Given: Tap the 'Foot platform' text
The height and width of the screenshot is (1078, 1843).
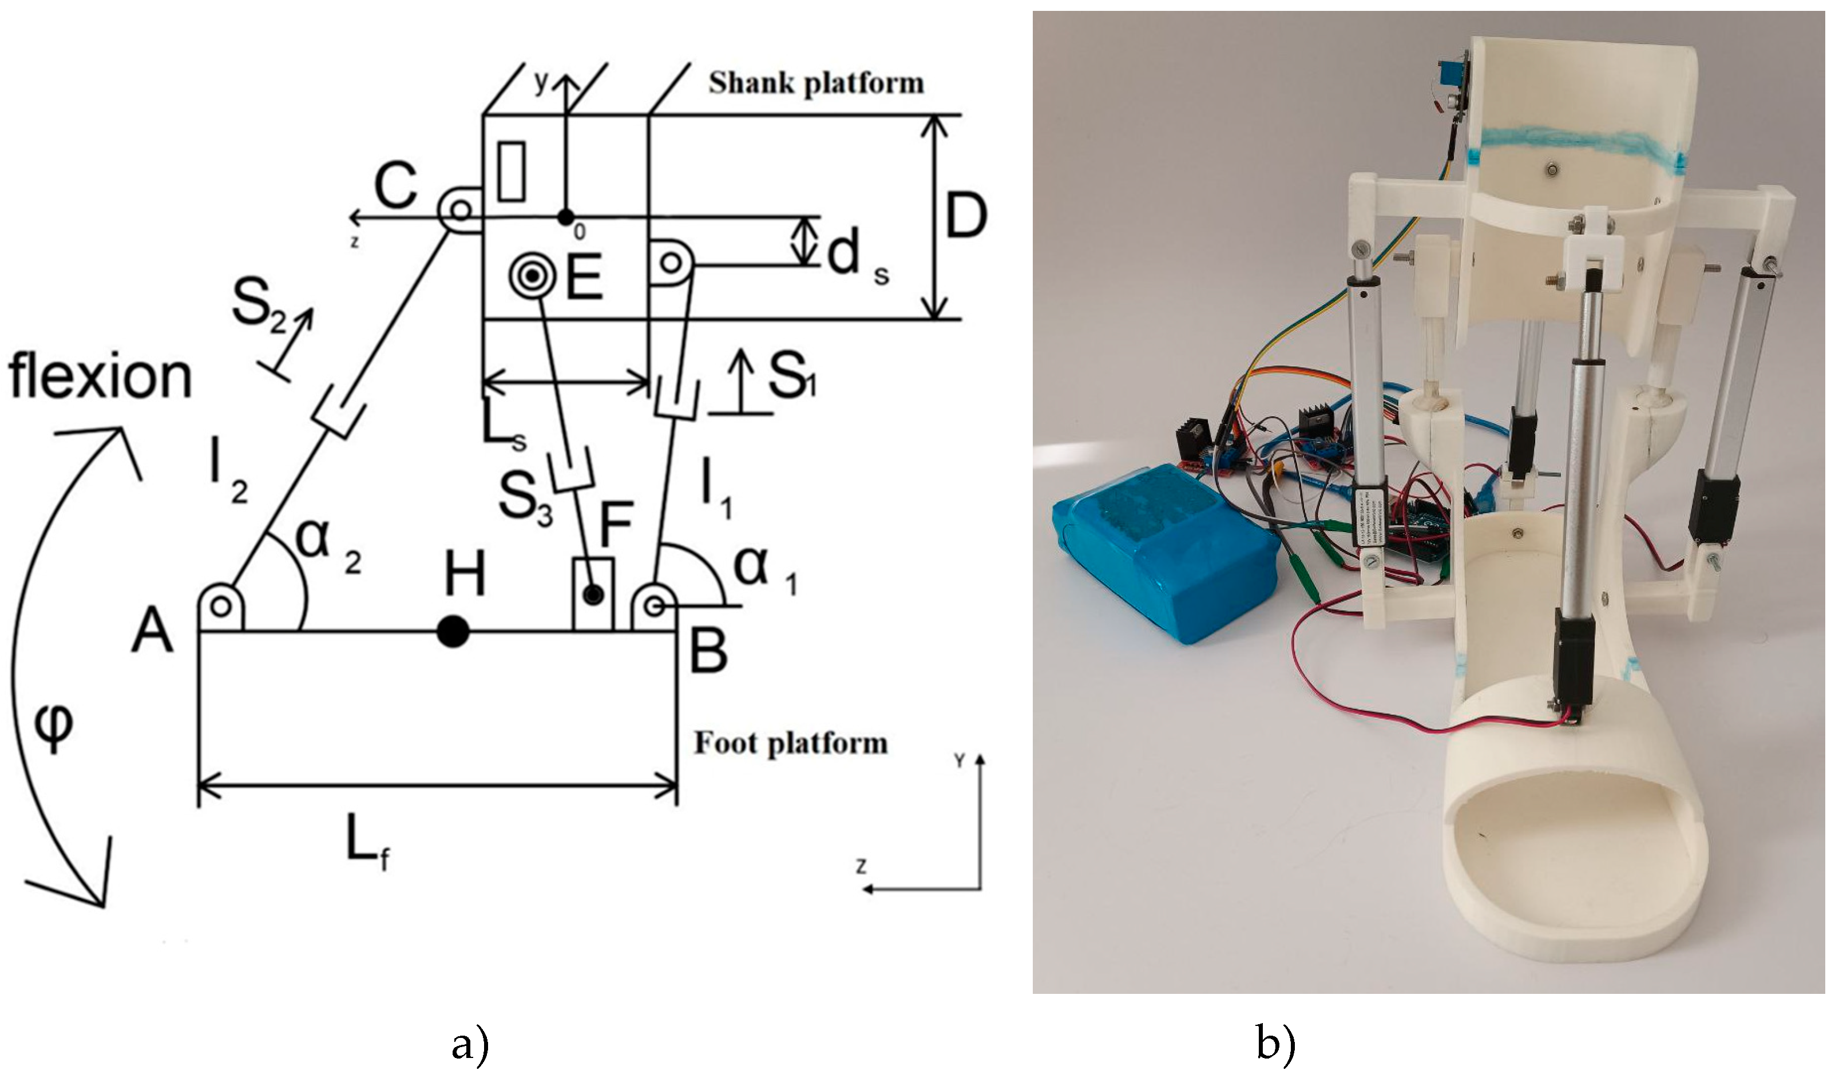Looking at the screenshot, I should point(791,743).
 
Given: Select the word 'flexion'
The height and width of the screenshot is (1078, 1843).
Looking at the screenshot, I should point(100,378).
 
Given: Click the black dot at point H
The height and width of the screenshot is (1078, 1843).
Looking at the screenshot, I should point(453,632).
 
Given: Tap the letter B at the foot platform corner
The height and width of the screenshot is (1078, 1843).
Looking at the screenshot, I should point(708,650).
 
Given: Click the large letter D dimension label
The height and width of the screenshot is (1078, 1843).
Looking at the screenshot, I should point(966,215).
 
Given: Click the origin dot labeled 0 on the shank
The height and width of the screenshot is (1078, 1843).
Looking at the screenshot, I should point(565,217).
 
